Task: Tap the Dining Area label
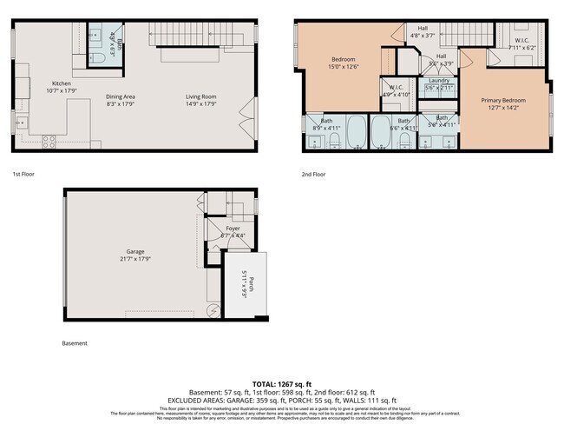click(121, 96)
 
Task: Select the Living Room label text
click(201, 96)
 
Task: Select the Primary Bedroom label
click(503, 101)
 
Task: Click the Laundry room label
click(439, 81)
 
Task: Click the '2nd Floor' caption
click(313, 174)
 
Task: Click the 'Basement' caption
click(75, 343)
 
